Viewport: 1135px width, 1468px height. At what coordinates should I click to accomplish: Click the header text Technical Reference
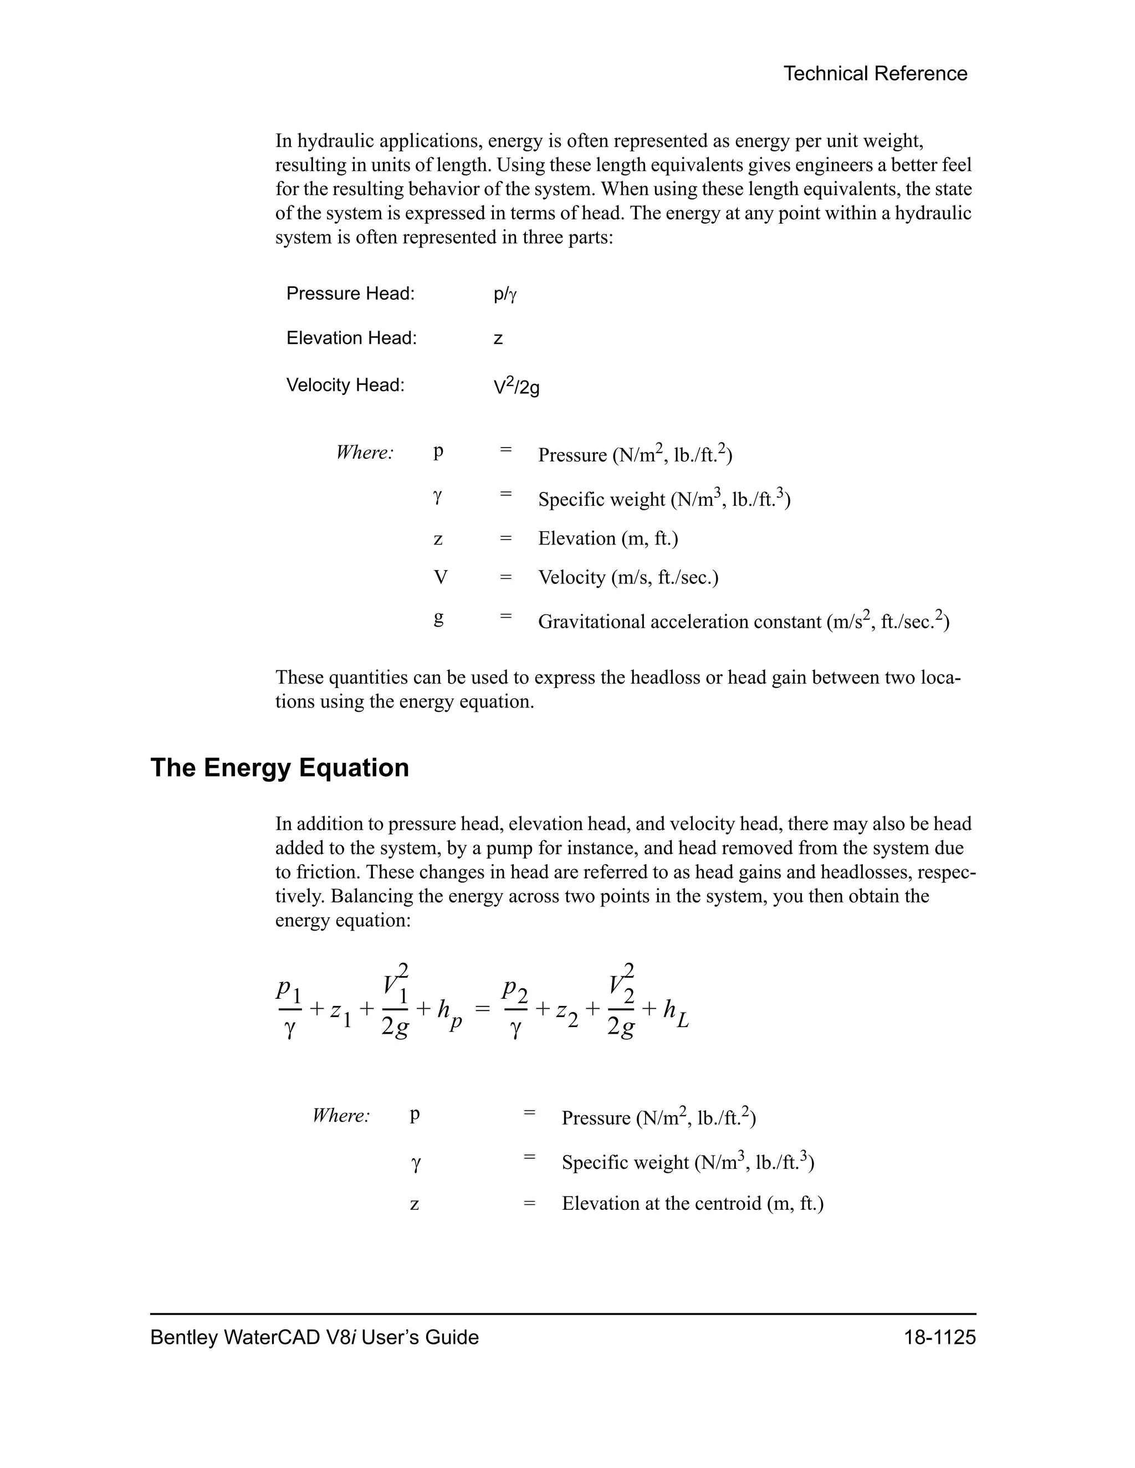pos(875,74)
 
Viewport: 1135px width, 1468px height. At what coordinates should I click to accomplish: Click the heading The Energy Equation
pos(280,768)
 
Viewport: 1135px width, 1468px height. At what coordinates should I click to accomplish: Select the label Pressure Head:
pos(350,294)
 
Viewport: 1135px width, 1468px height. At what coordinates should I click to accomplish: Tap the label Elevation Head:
pos(352,338)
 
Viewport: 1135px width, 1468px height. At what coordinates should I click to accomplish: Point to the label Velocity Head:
pos(346,385)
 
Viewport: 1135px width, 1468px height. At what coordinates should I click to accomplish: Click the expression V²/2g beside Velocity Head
pos(517,387)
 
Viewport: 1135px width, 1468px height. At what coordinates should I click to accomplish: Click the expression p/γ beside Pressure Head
pos(505,294)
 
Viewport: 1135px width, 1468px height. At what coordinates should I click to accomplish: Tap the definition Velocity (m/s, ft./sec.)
pos(628,577)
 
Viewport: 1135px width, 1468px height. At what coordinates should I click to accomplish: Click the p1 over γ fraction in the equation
pos(290,1008)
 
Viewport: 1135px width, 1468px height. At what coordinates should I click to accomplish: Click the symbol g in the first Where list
pos(438,617)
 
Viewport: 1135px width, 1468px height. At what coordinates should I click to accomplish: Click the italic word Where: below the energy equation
pos(341,1116)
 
